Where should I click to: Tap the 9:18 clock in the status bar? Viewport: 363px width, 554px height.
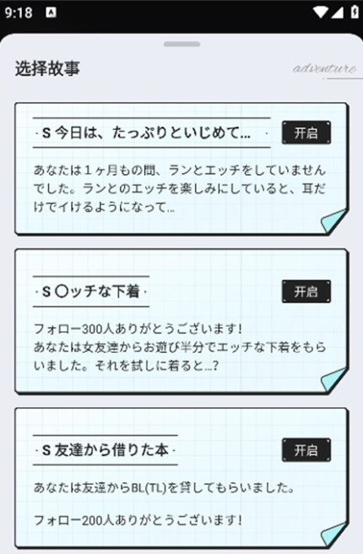[x=19, y=13]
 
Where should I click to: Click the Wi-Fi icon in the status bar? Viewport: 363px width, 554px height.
[x=320, y=13]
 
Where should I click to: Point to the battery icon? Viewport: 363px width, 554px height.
[x=355, y=12]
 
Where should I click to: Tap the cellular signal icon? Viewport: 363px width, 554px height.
[x=337, y=13]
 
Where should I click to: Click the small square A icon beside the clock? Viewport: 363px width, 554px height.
[x=51, y=13]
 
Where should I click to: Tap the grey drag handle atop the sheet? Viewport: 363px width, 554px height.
[x=181, y=44]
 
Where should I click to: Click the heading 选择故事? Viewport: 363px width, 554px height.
[x=47, y=68]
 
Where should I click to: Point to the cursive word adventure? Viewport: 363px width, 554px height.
[x=324, y=68]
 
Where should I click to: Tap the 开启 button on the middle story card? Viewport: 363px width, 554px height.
[x=306, y=291]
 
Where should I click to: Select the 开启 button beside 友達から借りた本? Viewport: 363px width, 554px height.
[x=306, y=450]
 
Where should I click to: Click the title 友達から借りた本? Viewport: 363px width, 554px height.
[x=111, y=450]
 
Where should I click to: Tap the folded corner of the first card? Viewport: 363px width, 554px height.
[x=333, y=221]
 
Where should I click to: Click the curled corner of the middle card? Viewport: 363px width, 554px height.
[x=333, y=380]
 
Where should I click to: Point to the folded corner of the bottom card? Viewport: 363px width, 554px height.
[x=333, y=535]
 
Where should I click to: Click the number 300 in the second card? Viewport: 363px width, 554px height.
[x=93, y=329]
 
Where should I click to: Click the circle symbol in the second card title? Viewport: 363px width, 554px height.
[x=62, y=291]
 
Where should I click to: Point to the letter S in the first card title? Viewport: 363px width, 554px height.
[x=46, y=133]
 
